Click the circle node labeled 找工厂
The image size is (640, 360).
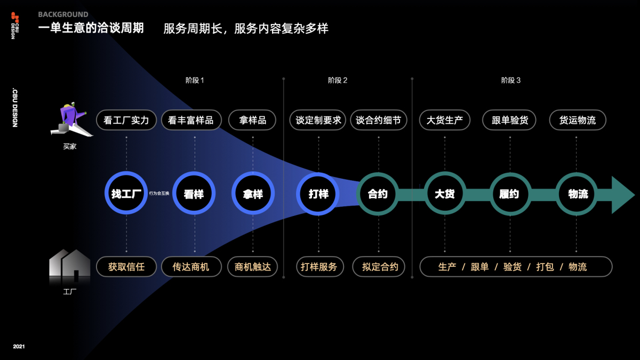(x=126, y=194)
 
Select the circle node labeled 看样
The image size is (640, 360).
(x=194, y=194)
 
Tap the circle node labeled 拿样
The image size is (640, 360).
(x=253, y=194)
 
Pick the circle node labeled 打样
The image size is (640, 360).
(x=318, y=194)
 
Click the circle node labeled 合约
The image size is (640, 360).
(x=378, y=194)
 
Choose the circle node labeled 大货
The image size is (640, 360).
(x=444, y=194)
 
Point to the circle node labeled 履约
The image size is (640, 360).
(x=510, y=194)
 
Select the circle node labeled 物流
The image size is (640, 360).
(x=578, y=194)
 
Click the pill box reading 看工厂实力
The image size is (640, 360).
(x=126, y=120)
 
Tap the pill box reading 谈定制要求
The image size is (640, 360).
(x=318, y=120)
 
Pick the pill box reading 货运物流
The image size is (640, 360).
(x=578, y=120)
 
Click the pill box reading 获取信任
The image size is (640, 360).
(x=126, y=267)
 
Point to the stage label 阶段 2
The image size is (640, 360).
(x=338, y=81)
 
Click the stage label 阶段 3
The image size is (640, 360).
(x=510, y=81)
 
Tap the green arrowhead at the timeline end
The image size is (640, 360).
(x=622, y=195)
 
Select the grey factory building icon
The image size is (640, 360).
(x=69, y=265)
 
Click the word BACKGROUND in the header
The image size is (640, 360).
(x=63, y=14)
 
